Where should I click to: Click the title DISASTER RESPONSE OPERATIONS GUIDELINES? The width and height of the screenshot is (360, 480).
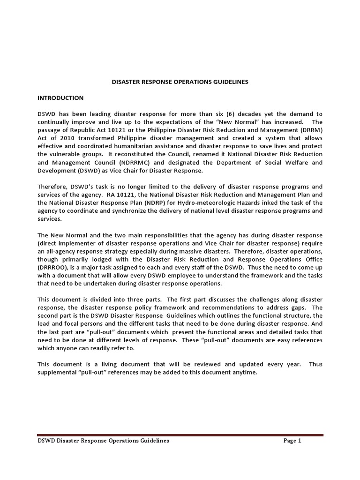point(180,82)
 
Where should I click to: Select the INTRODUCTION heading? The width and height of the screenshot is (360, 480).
point(60,98)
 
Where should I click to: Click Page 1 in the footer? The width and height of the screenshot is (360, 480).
point(292,441)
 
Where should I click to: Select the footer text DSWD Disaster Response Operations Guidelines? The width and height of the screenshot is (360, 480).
point(103,441)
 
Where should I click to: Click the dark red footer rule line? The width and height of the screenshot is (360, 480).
point(180,435)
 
